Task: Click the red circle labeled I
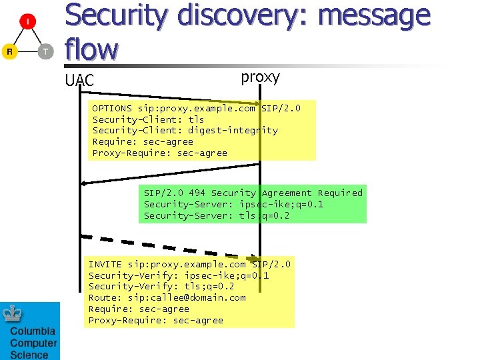coord(27,23)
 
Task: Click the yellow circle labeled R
coord(9,51)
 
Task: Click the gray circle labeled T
coord(45,51)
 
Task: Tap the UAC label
coord(79,81)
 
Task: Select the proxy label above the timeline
coord(260,77)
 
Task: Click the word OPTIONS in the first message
coord(112,108)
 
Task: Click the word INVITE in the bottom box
coord(105,265)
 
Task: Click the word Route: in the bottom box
coord(105,298)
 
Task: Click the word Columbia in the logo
coord(33,333)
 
